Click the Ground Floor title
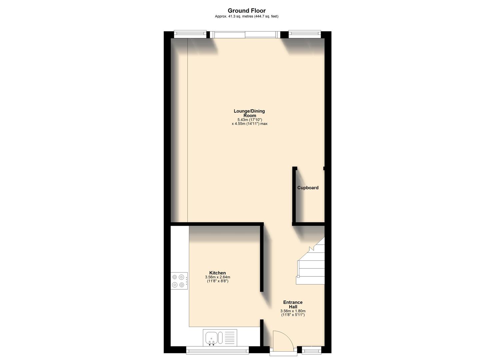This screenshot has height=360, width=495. pos(247,11)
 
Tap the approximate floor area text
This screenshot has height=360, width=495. pos(247,16)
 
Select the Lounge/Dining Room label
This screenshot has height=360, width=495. pos(249,113)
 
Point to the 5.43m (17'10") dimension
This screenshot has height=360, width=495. pos(250,120)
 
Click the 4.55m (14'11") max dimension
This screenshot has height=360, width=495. pos(250,124)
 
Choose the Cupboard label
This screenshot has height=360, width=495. pos(308,188)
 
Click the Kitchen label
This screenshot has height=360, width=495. pos(217,273)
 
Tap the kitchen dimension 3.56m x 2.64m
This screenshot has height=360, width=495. pos(217,277)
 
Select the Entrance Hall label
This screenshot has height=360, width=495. pos(293,305)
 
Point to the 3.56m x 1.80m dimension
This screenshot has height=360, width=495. pos(293,311)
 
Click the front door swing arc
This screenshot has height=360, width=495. pos(283,339)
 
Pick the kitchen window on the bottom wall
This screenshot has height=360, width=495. pos(217,350)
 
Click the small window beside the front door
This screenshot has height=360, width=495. pos(311,350)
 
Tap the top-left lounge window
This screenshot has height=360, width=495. pos(190,33)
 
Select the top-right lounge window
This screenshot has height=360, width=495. pos(304,33)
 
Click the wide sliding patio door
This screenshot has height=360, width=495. pos(245,34)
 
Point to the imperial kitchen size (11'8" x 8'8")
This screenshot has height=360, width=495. pos(217,281)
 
